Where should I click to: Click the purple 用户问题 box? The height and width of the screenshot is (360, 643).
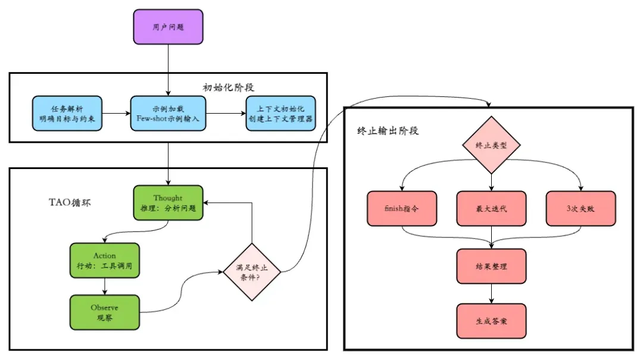(x=168, y=27)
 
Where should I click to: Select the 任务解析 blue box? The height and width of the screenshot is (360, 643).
(x=67, y=114)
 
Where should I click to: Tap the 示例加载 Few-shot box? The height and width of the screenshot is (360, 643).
(x=168, y=114)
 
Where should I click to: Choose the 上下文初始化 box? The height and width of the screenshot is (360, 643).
(x=281, y=114)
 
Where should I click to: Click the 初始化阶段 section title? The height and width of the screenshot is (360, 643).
(x=229, y=87)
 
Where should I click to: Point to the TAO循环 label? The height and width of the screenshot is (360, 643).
(x=70, y=202)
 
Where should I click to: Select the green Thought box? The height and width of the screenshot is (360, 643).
(x=168, y=203)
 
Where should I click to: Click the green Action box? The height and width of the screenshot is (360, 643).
(x=105, y=261)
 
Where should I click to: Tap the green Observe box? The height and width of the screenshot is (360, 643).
(x=105, y=312)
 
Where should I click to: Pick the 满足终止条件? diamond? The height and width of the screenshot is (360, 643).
(x=252, y=272)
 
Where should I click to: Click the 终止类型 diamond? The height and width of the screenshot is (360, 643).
(x=491, y=145)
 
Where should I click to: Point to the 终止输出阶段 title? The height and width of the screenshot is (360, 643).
(x=388, y=131)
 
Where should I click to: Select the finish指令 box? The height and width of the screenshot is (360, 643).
(x=402, y=209)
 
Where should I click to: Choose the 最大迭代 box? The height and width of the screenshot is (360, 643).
(x=491, y=209)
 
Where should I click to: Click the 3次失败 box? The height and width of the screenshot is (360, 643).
(x=580, y=209)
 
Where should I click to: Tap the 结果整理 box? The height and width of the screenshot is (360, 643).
(x=491, y=267)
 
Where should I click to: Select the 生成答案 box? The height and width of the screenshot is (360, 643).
(x=491, y=321)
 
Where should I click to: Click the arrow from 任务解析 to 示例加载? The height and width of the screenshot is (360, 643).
(x=117, y=114)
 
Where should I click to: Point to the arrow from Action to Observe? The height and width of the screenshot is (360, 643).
(x=105, y=287)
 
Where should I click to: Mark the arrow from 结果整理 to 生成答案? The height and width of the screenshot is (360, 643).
(x=491, y=294)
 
